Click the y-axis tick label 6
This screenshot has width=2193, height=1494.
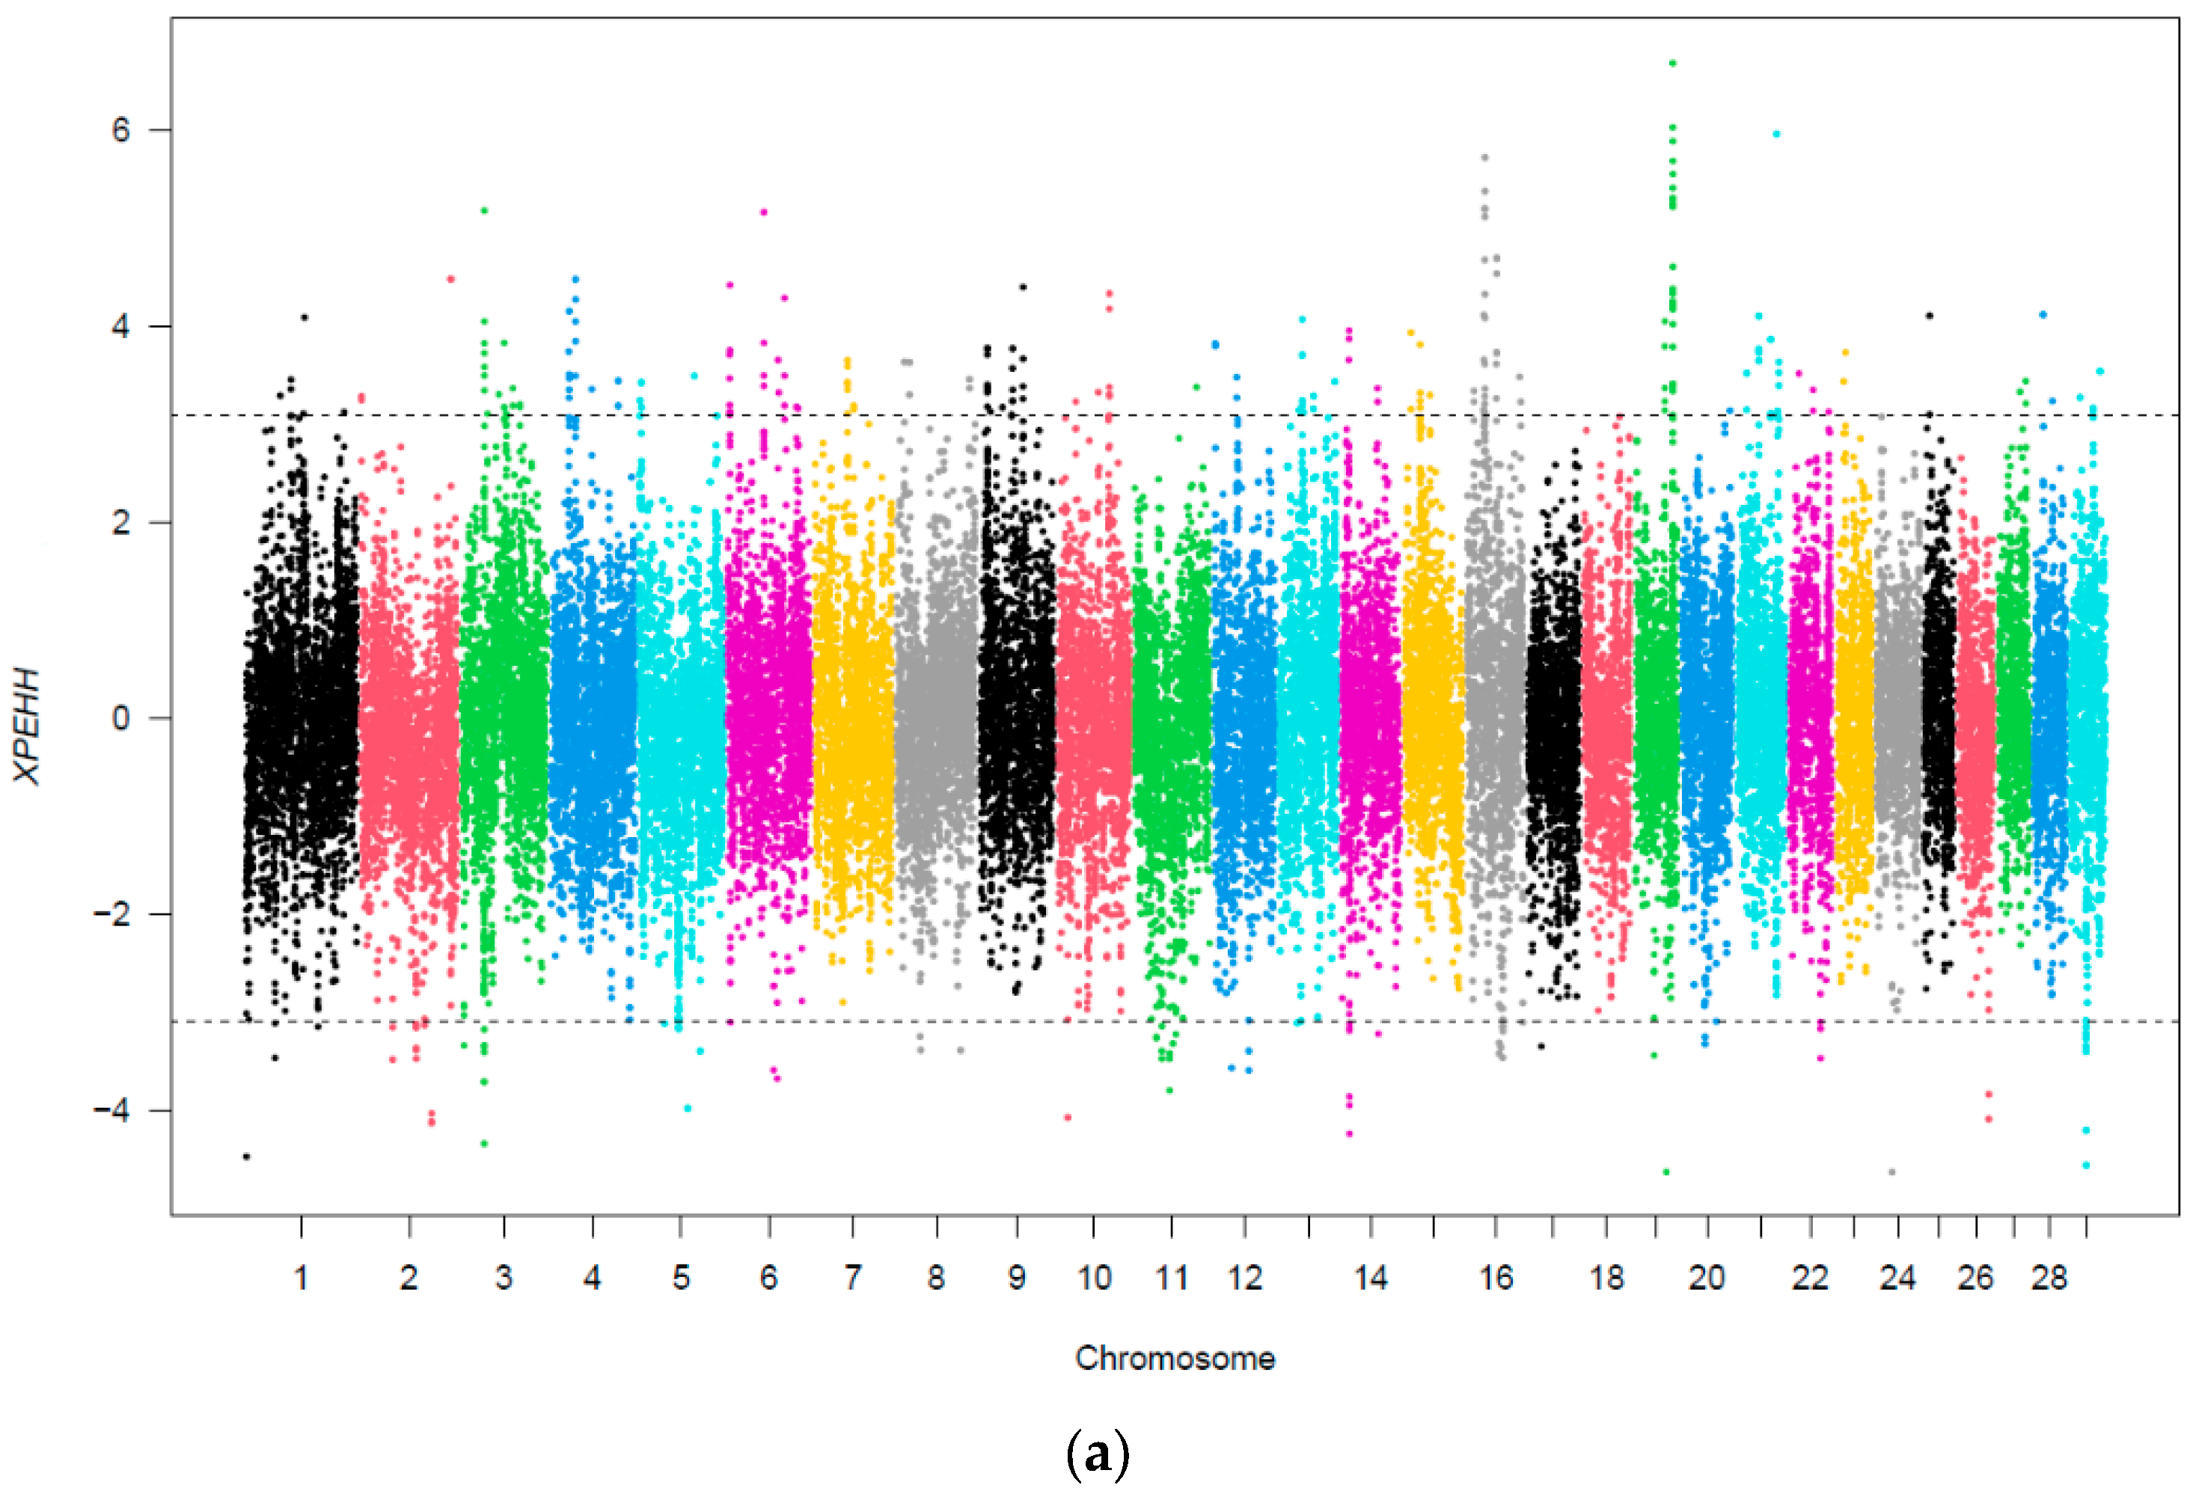(120, 130)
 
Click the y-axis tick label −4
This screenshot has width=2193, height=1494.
(111, 1110)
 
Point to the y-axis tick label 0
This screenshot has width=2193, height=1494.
(120, 718)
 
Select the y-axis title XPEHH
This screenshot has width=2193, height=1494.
(28, 725)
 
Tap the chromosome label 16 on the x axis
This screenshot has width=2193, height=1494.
(1495, 1278)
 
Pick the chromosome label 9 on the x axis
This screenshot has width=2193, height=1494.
(1016, 1278)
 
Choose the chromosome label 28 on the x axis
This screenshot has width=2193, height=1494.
(2049, 1278)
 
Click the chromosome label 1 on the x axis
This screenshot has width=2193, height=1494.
(301, 1278)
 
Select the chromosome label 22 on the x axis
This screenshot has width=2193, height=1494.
(1810, 1278)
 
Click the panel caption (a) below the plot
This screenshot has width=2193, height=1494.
(1097, 1454)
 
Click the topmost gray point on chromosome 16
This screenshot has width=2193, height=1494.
(1484, 158)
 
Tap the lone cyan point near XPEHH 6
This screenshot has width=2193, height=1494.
(1776, 134)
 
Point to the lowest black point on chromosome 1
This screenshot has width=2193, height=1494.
(246, 1156)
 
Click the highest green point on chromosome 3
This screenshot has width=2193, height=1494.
(484, 210)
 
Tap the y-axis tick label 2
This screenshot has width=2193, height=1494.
(120, 522)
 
